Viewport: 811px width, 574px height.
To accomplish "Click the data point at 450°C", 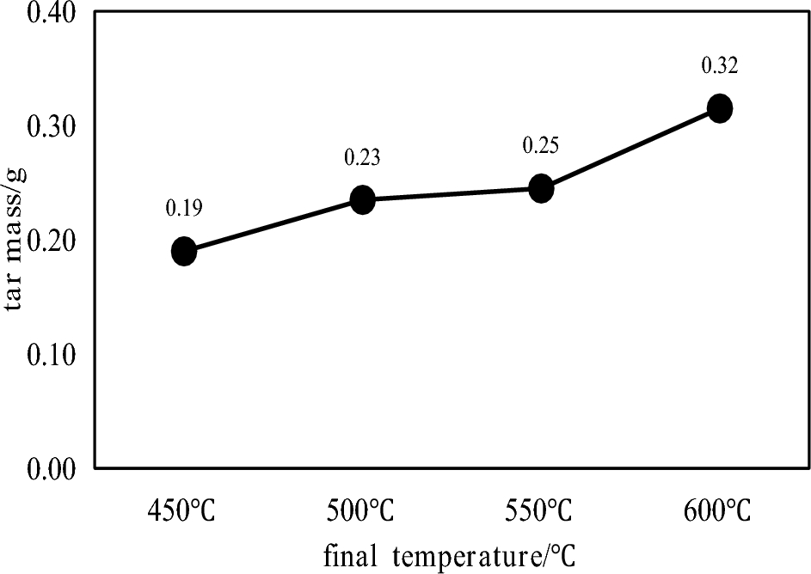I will pos(184,252).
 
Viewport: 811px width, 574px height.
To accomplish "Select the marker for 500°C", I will pos(362,200).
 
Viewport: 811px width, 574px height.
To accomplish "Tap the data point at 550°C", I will pos(541,188).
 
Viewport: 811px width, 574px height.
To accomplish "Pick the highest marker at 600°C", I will pos(719,108).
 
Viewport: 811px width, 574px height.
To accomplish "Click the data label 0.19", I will pos(183,208).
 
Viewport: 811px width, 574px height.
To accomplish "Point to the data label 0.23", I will pos(362,157).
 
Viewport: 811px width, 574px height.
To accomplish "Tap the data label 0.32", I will pos(720,65).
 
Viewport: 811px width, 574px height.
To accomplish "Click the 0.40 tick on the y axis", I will pos(51,14).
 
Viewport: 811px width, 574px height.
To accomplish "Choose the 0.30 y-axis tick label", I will pos(51,127).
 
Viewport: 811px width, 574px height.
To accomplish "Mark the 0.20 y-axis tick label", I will pos(51,241).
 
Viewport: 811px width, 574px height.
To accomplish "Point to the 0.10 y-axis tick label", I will pos(51,354).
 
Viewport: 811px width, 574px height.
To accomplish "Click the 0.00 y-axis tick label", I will pos(51,467).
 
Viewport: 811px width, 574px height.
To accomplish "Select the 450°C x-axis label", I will pos(183,512).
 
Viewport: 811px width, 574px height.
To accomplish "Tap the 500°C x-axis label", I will pos(362,512).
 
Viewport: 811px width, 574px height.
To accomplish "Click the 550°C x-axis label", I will pos(541,512).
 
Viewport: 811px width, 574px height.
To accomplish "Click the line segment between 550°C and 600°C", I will pos(630,148).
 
